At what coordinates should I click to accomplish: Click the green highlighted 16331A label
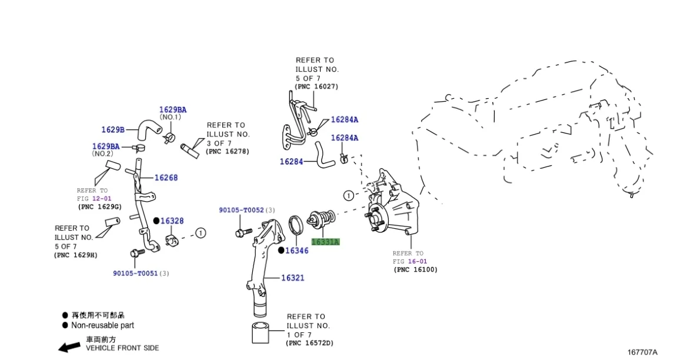click(325, 241)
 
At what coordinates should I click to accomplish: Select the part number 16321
click(292, 278)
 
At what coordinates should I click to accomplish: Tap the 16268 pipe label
click(166, 178)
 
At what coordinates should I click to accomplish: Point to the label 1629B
click(113, 129)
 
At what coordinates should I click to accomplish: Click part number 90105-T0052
click(241, 210)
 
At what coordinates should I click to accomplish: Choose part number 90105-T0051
click(135, 273)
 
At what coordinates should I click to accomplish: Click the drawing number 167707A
click(642, 352)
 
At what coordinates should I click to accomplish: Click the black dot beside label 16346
click(281, 251)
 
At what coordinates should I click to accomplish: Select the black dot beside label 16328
click(156, 221)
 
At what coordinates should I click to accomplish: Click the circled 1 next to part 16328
click(201, 233)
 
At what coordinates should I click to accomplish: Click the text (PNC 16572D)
click(309, 342)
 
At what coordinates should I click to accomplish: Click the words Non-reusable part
click(102, 325)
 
